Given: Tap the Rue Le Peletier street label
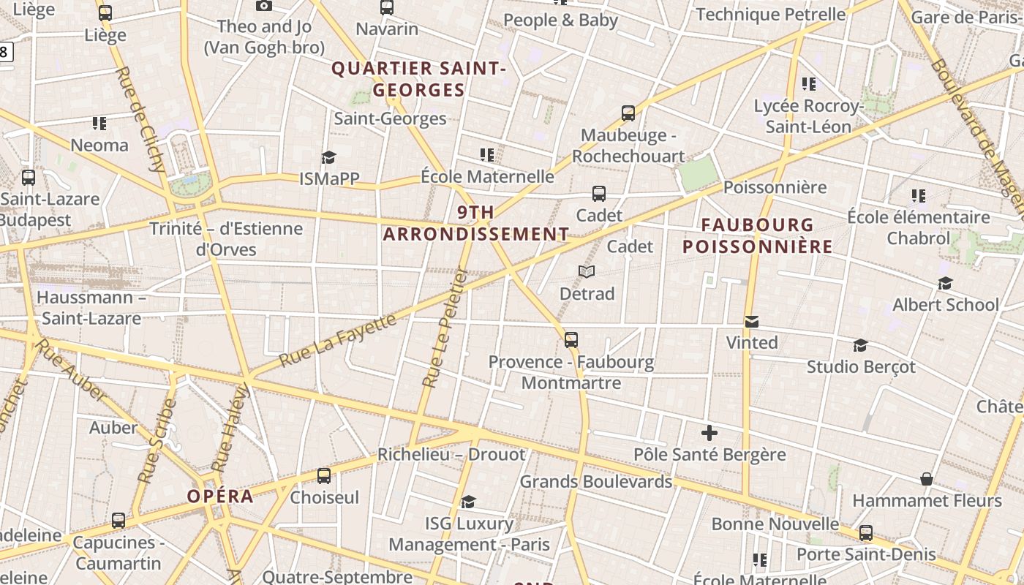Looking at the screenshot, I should tap(445, 327).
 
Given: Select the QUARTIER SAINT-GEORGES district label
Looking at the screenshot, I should tap(419, 79).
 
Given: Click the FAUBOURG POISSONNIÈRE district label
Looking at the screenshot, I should tap(758, 235).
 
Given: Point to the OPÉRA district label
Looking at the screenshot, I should tap(220, 497).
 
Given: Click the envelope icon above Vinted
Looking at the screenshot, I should tap(751, 322).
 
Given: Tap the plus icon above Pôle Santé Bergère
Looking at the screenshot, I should tap(709, 434).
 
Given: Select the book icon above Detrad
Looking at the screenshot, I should tap(587, 272).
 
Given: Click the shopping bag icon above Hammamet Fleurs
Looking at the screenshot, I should tap(927, 479).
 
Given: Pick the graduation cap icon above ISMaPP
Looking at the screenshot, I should tap(328, 157).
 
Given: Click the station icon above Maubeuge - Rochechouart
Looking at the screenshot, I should tap(628, 113).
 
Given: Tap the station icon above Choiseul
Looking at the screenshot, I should tap(324, 476).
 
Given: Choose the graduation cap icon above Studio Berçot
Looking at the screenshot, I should tap(861, 345).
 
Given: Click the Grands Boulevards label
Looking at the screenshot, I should tap(595, 482).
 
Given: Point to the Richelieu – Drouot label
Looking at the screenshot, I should tap(451, 455).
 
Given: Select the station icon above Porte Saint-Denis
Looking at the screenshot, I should tap(866, 533).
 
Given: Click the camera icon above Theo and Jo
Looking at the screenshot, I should tap(264, 6).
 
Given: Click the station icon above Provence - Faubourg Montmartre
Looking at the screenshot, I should tap(571, 340).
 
